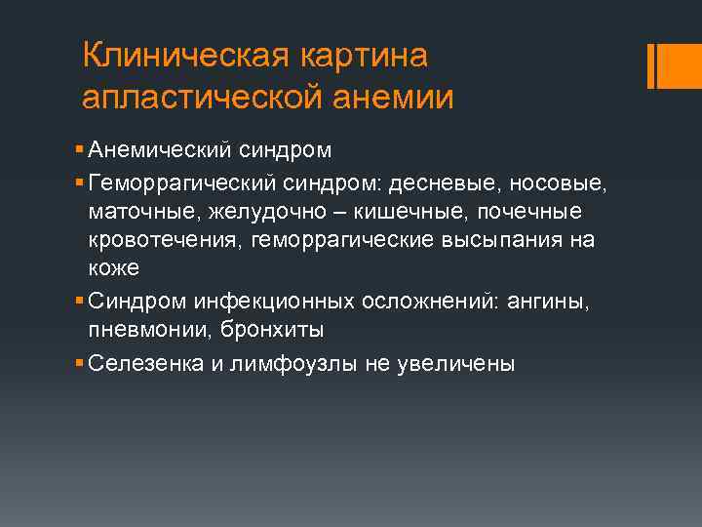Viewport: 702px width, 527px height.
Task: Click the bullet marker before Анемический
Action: pos(78,151)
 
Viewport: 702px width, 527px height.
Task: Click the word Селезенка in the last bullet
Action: pos(136,363)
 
